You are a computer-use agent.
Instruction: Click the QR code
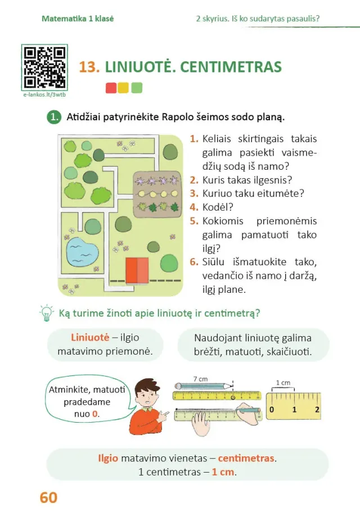44,67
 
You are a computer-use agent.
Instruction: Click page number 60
48,497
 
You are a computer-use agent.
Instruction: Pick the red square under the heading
111,88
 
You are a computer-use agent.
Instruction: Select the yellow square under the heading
123,88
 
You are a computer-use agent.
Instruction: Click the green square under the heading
137,88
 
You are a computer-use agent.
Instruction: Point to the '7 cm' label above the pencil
200,379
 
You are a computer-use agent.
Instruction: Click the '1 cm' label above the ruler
283,383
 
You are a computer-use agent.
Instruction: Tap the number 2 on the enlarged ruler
317,409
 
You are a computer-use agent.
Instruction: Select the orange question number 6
193,261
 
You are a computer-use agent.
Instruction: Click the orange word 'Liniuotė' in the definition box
89,338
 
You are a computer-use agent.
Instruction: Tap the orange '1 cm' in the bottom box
223,472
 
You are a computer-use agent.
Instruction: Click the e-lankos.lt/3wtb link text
44,95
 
